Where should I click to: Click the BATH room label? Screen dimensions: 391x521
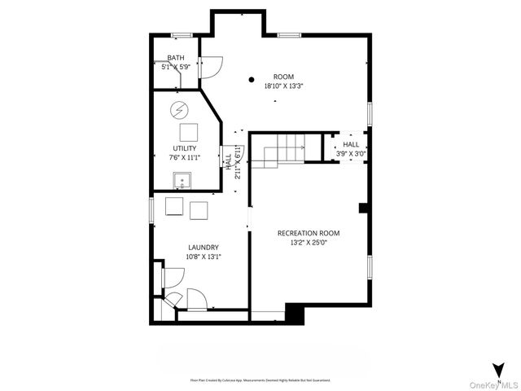176,58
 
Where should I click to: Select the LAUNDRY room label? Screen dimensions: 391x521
204,248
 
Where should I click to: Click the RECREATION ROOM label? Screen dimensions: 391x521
309,233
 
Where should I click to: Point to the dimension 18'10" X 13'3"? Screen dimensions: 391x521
283,85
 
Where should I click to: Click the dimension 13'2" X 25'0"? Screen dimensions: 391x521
309,242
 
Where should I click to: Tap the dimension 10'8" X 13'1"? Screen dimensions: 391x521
204,257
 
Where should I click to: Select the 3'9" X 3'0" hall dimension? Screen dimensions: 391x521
351,153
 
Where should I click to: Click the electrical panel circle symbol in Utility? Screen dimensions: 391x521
177,110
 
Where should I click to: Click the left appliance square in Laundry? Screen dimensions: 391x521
174,206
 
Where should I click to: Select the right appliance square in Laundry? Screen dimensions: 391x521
199,210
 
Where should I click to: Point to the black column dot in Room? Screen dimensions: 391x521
252,80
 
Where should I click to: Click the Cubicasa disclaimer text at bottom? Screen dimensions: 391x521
260,380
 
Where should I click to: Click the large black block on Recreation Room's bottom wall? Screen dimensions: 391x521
294,313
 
